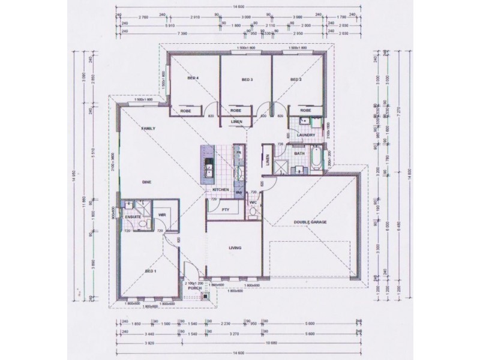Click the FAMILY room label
pos(148,129)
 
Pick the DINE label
pos(146,182)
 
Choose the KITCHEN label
pos(221,190)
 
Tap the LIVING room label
pos(235,247)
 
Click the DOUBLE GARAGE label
pos(310,223)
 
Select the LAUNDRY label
pos(306,135)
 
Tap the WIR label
pos(161,214)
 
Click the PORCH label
pos(194,288)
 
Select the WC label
pos(253,202)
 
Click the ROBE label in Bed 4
pos(185,110)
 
